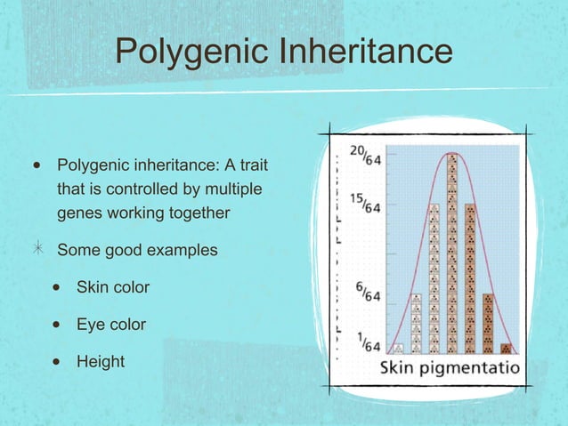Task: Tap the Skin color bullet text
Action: click(113, 287)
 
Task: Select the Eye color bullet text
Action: click(111, 325)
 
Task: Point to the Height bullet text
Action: click(101, 362)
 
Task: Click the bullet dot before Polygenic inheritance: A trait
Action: click(36, 166)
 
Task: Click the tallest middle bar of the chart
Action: click(452, 253)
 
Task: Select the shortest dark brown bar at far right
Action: click(506, 349)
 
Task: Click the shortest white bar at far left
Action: click(398, 349)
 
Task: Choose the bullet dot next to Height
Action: click(55, 363)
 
